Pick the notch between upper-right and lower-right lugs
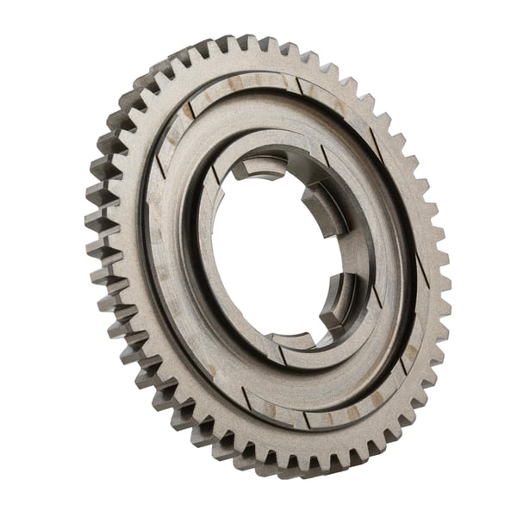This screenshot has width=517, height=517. [340, 254]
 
